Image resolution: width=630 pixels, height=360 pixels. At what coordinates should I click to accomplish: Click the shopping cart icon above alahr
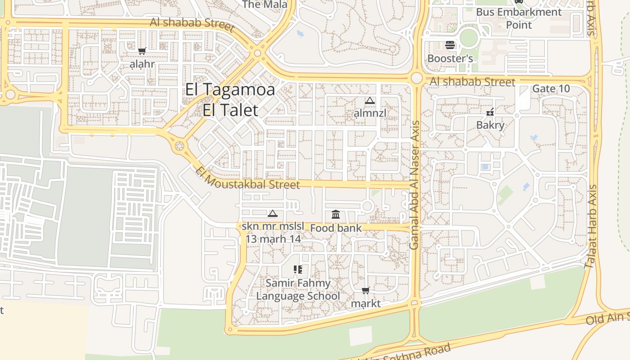point(142,51)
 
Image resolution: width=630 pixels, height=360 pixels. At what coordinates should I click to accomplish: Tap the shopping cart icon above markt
point(366,291)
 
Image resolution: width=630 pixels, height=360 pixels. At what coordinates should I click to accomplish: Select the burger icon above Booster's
point(450,45)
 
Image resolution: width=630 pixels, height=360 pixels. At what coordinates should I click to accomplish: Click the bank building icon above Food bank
point(336,215)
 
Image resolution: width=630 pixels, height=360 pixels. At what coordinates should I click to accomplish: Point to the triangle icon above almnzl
point(370,100)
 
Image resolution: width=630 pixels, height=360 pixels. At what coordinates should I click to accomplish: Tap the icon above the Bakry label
point(490,112)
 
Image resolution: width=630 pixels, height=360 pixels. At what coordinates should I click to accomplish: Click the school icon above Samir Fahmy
point(297,270)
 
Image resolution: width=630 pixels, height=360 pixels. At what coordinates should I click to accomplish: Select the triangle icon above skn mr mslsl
point(273,214)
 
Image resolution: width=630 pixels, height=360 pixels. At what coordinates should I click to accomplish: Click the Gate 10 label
point(551,89)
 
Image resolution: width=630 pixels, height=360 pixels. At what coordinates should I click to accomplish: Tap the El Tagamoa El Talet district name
point(230,99)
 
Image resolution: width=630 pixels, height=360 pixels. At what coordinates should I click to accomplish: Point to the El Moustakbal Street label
point(248,178)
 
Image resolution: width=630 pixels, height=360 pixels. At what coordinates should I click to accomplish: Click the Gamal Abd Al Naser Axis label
point(414,185)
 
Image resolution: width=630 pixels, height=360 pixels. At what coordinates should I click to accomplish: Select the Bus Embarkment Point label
point(519,18)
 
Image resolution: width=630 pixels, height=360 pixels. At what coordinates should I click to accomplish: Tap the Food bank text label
point(336,228)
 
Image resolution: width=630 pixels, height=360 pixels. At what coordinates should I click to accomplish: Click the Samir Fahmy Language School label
point(298,289)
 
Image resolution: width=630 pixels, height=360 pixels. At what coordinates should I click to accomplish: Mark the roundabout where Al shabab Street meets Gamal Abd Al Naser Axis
point(417,78)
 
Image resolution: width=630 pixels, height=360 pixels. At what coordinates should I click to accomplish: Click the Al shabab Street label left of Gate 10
point(472,82)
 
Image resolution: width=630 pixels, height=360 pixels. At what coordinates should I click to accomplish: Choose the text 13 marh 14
point(273,238)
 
